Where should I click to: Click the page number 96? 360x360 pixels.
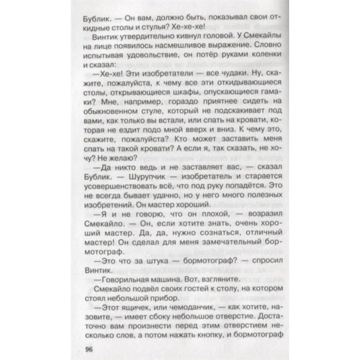click(84, 348)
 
